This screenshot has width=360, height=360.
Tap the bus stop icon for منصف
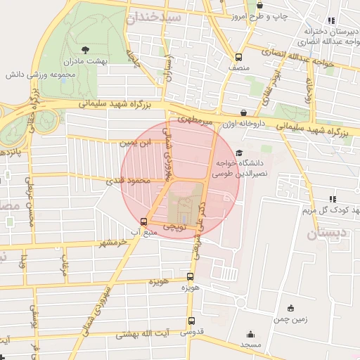click(238, 57)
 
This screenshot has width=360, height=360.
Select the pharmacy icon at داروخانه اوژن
click(243, 112)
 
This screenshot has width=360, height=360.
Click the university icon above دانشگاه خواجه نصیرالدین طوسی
click(239, 153)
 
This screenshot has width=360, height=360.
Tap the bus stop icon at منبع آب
click(144, 221)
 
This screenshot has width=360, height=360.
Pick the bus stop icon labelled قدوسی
click(191, 320)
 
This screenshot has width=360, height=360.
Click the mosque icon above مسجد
click(250, 335)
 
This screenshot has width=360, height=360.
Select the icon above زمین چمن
click(291, 308)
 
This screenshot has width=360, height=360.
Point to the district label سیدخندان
click(154, 18)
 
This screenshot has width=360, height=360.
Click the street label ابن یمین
click(136, 143)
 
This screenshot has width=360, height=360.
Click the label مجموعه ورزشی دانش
click(36, 74)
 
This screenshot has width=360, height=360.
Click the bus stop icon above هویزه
click(190, 276)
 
